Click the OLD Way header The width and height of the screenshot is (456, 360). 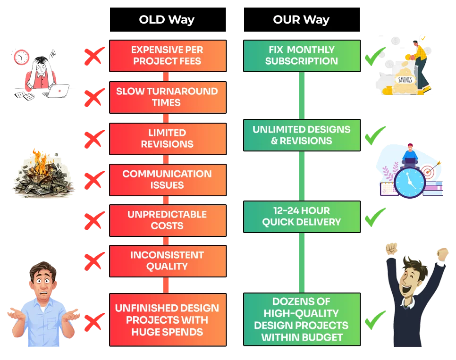click(167, 20)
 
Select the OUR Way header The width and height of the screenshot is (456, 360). click(301, 20)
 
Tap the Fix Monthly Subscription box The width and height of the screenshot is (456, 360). click(301, 56)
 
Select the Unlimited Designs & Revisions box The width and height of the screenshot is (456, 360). click(301, 135)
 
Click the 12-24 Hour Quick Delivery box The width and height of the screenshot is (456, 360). click(301, 217)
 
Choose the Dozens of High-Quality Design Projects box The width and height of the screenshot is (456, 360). click(301, 319)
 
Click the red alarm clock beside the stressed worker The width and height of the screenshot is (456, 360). click(21, 57)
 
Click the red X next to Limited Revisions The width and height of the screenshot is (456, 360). click(94, 139)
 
